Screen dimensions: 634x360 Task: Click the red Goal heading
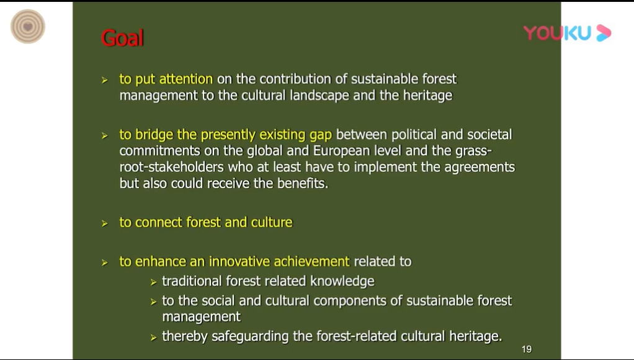(122, 38)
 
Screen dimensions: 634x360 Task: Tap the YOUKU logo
(567, 33)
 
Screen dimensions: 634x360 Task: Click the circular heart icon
(28, 27)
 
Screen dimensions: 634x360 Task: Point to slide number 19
(527, 349)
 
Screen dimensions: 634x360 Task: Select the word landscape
(319, 96)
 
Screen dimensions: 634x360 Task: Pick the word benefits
(303, 183)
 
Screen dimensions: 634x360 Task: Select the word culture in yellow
(272, 222)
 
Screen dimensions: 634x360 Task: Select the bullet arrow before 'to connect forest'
(105, 223)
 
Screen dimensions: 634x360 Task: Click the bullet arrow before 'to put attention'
(105, 80)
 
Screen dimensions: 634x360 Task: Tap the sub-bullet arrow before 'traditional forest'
(153, 282)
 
